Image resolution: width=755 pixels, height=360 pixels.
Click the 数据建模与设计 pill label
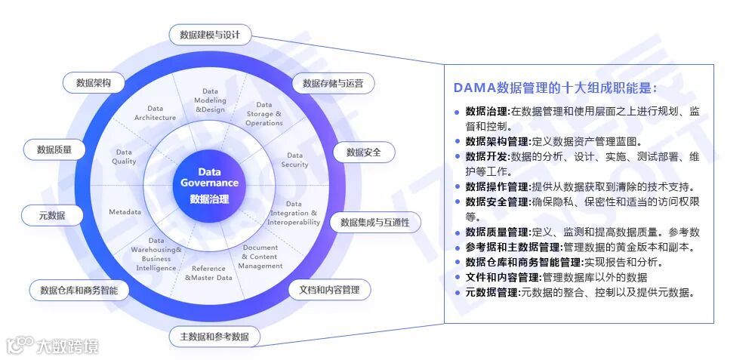[x=210, y=35]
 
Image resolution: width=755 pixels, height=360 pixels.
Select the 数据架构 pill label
[x=94, y=83]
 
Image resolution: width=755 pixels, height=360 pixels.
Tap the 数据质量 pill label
[x=54, y=150]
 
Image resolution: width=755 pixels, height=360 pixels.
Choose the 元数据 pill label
[x=52, y=216]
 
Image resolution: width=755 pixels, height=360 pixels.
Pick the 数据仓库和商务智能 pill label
[x=79, y=290]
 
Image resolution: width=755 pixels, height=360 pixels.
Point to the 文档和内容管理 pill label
[x=329, y=290]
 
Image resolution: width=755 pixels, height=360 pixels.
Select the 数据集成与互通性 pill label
[x=374, y=222]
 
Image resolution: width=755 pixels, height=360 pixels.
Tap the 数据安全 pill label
[x=364, y=152]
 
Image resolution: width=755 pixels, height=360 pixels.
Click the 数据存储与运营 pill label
[x=333, y=83]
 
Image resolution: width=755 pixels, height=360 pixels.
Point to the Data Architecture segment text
[x=155, y=113]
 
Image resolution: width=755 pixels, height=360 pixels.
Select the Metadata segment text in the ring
[x=125, y=212]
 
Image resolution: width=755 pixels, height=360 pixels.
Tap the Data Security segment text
[x=294, y=160]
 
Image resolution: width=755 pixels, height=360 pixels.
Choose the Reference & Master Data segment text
[x=209, y=273]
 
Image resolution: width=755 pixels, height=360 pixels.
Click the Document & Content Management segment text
[x=260, y=257]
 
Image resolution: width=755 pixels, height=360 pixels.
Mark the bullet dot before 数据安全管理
[x=457, y=202]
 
